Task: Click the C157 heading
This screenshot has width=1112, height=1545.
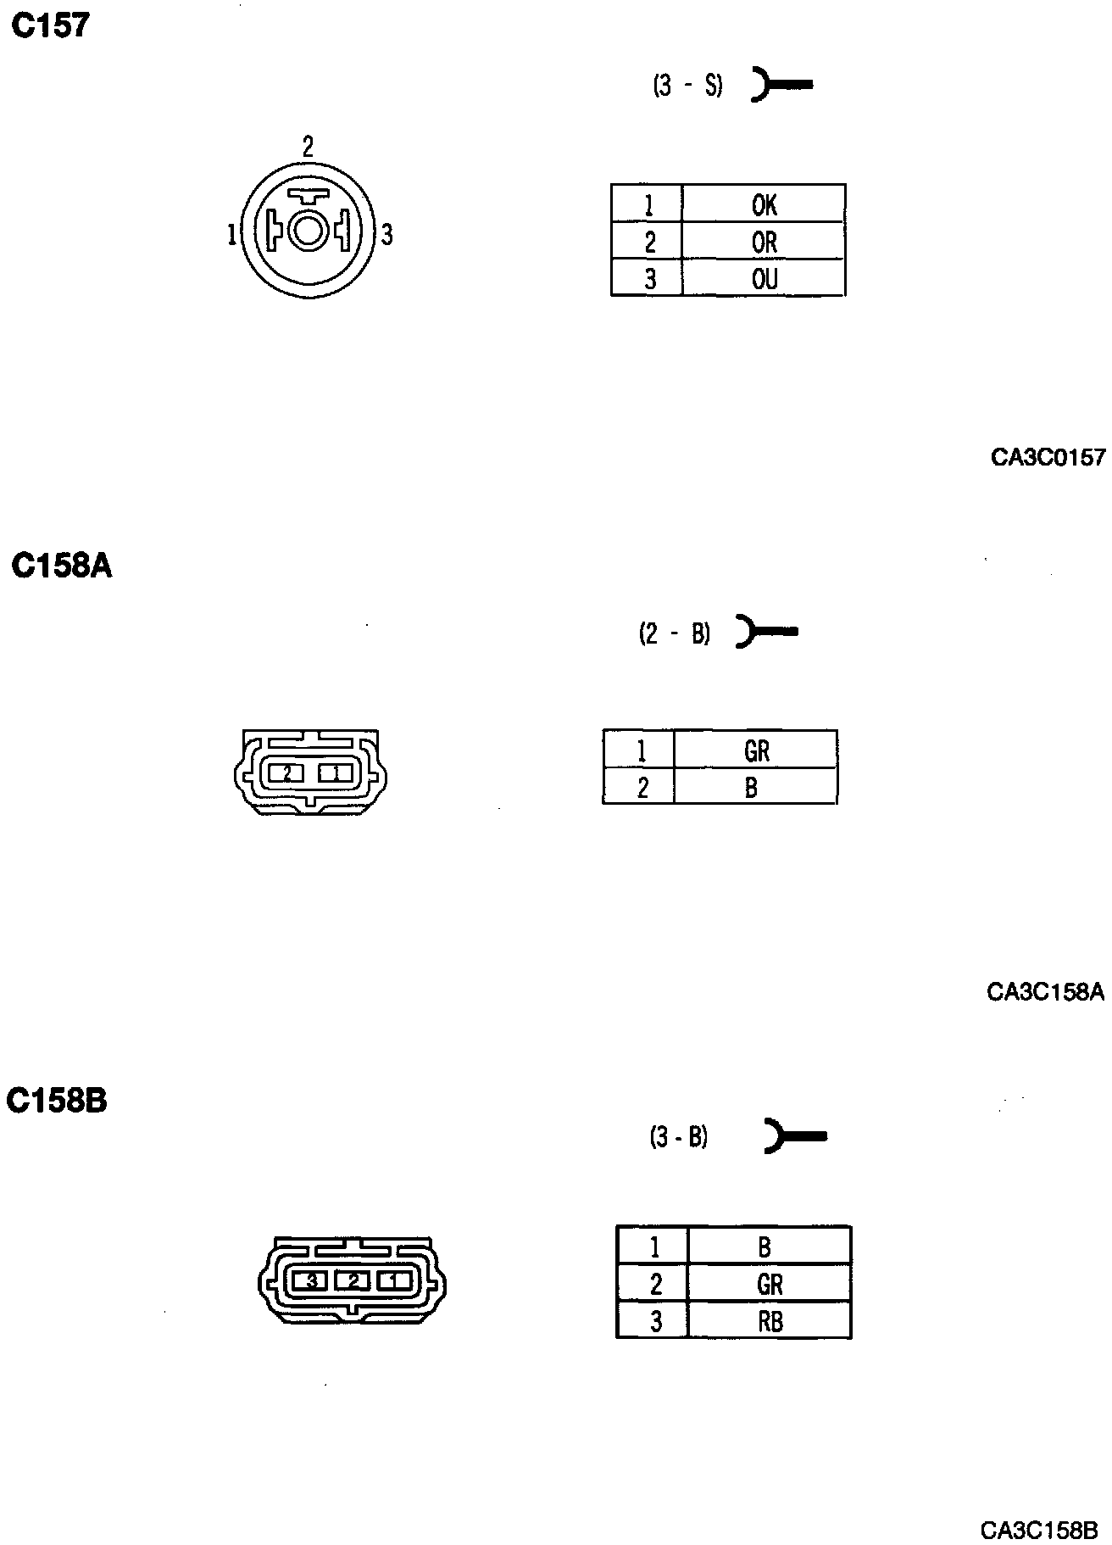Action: coord(50,26)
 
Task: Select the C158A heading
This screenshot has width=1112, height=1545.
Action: coord(62,566)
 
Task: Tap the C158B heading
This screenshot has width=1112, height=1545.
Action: coord(57,1101)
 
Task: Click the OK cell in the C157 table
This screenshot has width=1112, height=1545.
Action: coord(764,204)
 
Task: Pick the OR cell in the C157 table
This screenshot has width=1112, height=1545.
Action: coord(764,243)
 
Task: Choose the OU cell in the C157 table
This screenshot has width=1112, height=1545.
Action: coord(764,279)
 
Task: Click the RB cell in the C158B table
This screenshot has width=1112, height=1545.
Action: coord(770,1321)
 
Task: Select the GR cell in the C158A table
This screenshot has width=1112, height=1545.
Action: coord(756,750)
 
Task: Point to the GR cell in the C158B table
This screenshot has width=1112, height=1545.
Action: coord(770,1285)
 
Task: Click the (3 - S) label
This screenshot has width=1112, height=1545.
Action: coord(687,86)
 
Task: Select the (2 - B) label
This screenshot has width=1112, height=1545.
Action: coord(674,633)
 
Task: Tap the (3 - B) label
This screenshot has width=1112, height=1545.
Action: coord(678,1136)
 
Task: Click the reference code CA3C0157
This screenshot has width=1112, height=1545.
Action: coord(1048,458)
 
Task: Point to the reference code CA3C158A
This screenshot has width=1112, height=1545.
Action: coord(1046,991)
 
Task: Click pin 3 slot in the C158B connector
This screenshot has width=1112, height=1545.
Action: coord(311,1280)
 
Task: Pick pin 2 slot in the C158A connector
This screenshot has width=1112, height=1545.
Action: coord(287,773)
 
